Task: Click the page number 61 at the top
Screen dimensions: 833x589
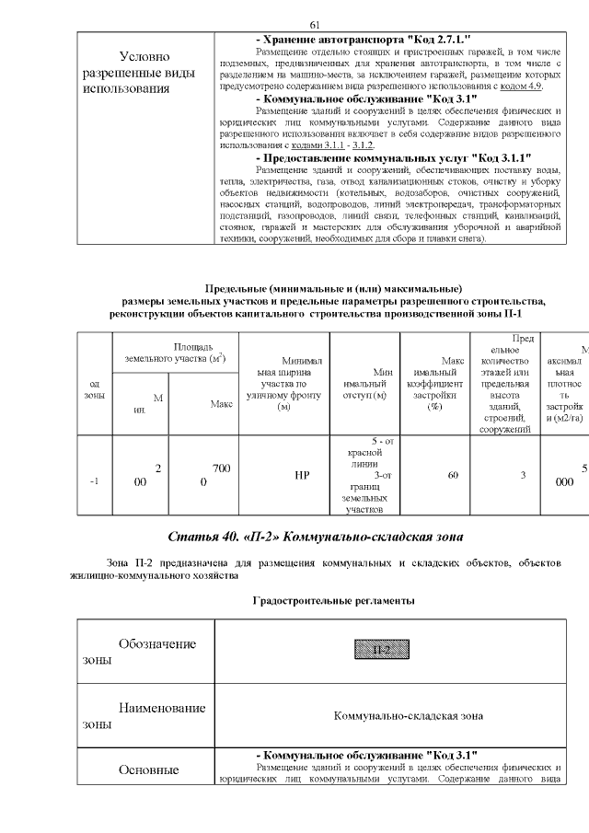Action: point(314,25)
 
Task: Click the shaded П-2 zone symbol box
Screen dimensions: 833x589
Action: point(381,651)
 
